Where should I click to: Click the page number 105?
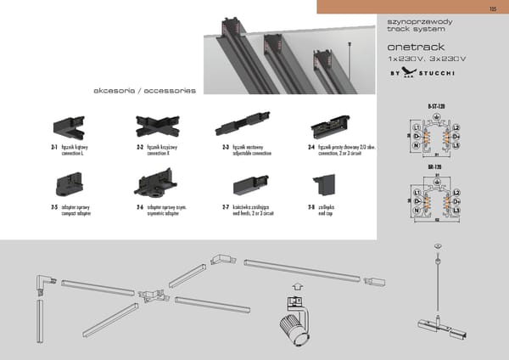click(493, 9)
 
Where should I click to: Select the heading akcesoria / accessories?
click(145, 90)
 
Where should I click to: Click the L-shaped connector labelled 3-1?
click(68, 128)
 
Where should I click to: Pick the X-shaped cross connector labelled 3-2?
click(154, 127)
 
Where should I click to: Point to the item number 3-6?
click(139, 206)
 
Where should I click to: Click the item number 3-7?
click(226, 206)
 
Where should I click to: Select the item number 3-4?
click(311, 147)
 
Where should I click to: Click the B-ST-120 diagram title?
click(436, 106)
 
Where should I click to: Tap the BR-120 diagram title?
click(436, 166)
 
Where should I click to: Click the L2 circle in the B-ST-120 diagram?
click(456, 127)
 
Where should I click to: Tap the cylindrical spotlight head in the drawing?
click(292, 327)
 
